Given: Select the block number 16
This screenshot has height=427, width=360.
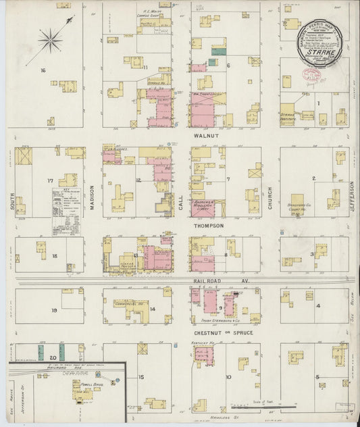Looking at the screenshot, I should click(x=43, y=70).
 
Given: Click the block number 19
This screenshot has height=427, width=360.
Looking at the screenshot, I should click(x=53, y=310).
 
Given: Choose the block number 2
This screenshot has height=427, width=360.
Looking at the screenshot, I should click(x=313, y=178).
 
